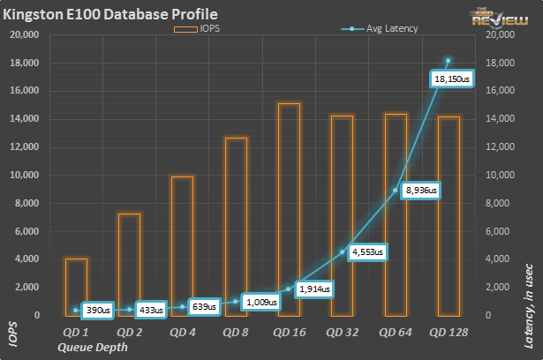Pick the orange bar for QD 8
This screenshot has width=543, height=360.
click(236, 226)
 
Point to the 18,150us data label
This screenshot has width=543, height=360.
click(453, 79)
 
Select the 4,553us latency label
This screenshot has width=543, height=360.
click(367, 252)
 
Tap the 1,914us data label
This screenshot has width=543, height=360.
click(313, 289)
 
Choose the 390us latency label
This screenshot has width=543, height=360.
click(98, 310)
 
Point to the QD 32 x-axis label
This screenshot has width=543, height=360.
click(343, 332)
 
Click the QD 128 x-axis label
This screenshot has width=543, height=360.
click(449, 332)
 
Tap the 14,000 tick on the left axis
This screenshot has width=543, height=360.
click(26, 119)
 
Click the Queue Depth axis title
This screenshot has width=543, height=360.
click(92, 347)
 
